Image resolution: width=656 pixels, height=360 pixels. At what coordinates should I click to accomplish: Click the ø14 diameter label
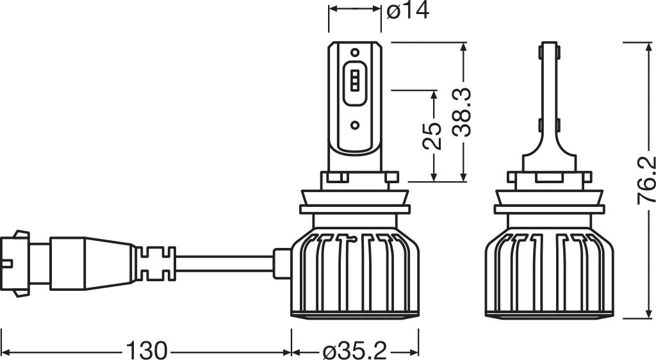pos(408,11)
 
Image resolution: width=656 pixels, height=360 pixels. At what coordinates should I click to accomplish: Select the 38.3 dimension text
pos(461,112)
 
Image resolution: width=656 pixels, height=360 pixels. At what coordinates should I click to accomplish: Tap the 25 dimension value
pos(434,135)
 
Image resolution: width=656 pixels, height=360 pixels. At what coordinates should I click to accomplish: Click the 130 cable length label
pos(146,350)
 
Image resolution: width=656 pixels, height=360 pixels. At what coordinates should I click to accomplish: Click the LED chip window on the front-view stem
pos(355,83)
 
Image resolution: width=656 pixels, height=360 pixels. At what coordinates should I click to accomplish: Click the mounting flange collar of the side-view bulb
pos(549,209)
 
